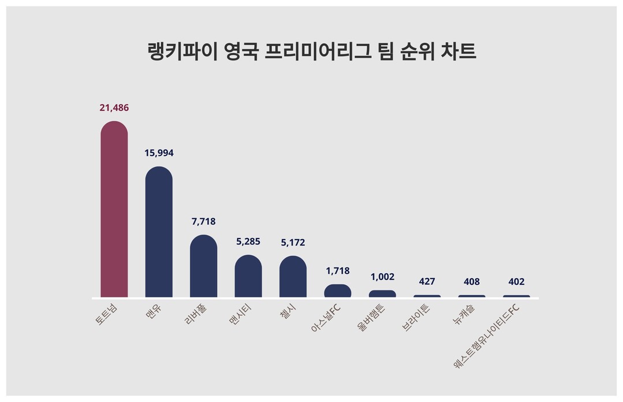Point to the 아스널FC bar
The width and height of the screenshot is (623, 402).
click(338, 291)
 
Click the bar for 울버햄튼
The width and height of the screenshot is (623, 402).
click(382, 293)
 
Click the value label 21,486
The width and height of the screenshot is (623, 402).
click(114, 107)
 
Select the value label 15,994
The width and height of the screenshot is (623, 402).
click(159, 153)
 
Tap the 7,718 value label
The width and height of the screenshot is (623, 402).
click(203, 221)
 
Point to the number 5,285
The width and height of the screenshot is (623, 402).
click(248, 241)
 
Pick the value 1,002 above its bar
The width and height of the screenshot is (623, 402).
click(382, 277)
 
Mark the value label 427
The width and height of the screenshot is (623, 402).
click(427, 282)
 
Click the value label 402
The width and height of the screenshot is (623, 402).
click(517, 282)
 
